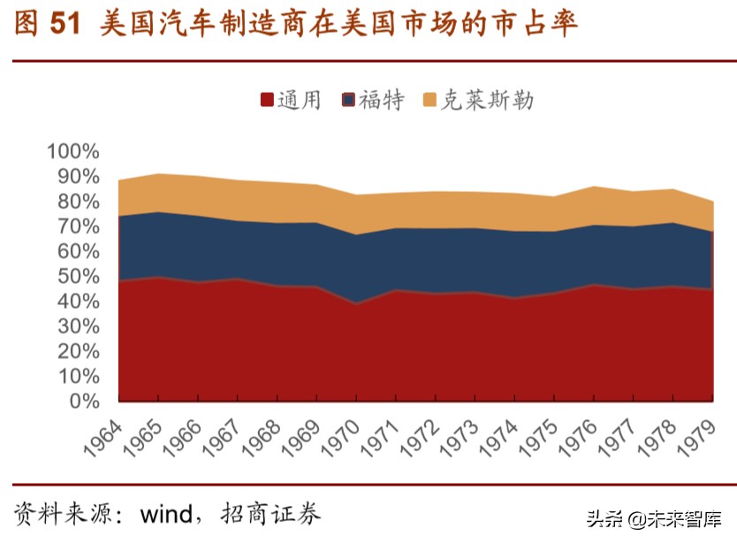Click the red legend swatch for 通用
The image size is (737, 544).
(x=267, y=100)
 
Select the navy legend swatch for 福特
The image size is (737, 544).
(x=348, y=100)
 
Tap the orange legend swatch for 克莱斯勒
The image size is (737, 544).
(x=430, y=100)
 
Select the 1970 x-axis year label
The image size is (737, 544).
(x=342, y=435)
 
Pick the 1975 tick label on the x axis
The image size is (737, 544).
(x=540, y=435)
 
